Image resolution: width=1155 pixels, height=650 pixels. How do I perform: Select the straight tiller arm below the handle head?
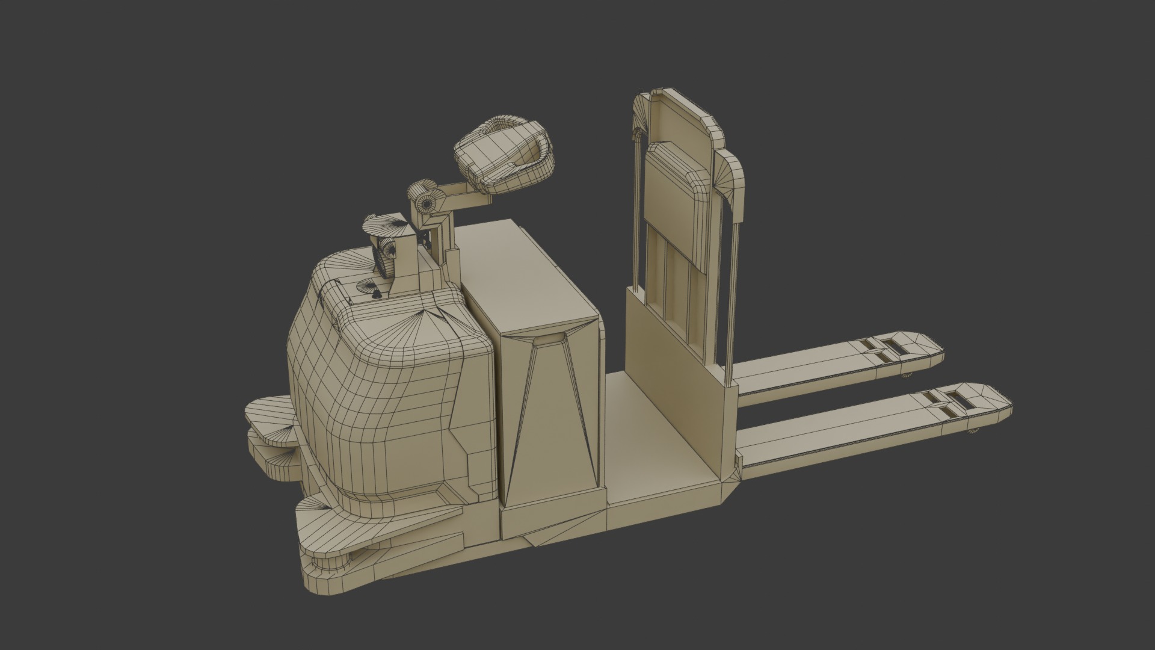pos(463,197)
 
